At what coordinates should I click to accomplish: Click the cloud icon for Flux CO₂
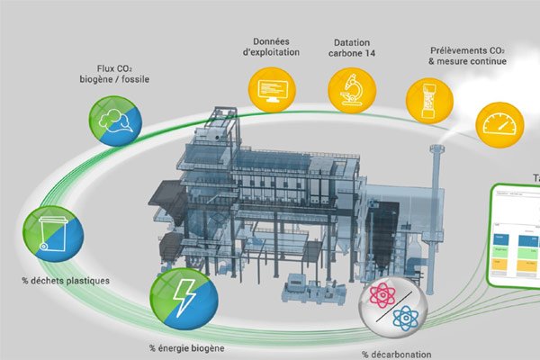pyautogui.click(x=113, y=122)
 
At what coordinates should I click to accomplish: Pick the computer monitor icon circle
pyautogui.click(x=271, y=88)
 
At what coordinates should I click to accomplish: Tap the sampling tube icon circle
pyautogui.click(x=430, y=98)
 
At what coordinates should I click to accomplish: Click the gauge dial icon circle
pyautogui.click(x=499, y=123)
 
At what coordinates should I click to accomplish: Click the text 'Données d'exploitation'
pyautogui.click(x=273, y=49)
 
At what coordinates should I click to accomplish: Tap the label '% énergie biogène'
pyautogui.click(x=185, y=347)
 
